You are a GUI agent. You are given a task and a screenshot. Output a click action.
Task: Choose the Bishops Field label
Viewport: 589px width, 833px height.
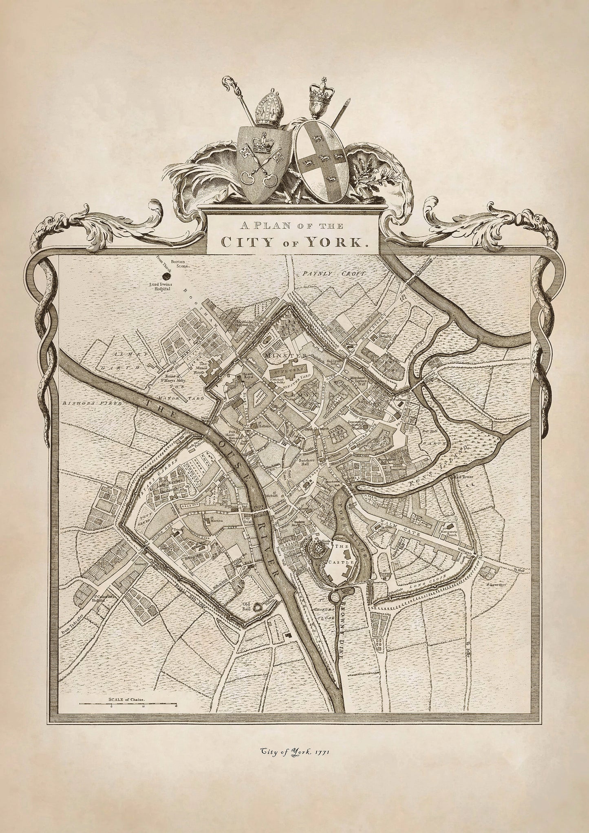click(x=83, y=403)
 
